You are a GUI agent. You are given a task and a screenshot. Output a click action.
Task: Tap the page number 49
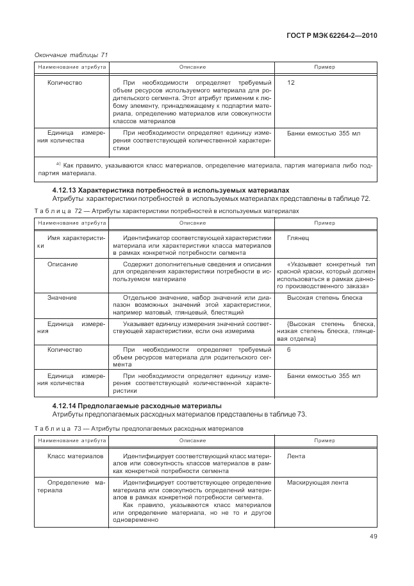tap(372, 550)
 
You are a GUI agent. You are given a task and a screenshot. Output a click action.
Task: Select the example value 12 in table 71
tap(291, 83)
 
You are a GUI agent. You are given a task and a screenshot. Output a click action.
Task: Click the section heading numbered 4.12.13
tap(170, 190)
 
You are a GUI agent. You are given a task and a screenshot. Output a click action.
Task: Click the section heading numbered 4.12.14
tap(137, 406)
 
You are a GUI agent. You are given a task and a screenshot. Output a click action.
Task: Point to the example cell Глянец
tap(298, 237)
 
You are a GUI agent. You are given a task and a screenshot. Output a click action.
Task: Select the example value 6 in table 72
tap(289, 350)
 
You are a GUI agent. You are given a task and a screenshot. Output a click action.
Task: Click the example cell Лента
tap(296, 456)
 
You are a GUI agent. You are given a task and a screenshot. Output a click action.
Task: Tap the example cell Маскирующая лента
tap(318, 481)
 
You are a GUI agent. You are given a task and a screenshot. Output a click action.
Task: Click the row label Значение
tap(62, 298)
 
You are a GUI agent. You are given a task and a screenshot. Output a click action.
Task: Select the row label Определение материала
tap(70, 485)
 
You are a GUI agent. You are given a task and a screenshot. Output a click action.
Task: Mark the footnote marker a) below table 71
tap(58, 164)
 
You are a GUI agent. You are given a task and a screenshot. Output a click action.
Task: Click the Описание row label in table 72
tap(63, 264)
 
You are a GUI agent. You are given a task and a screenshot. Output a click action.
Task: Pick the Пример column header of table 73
tap(325, 440)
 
